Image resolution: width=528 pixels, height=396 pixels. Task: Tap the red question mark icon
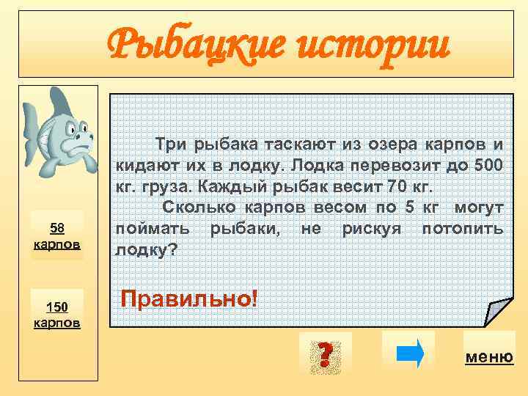tap(325, 355)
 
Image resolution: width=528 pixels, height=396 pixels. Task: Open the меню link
tap(489, 357)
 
